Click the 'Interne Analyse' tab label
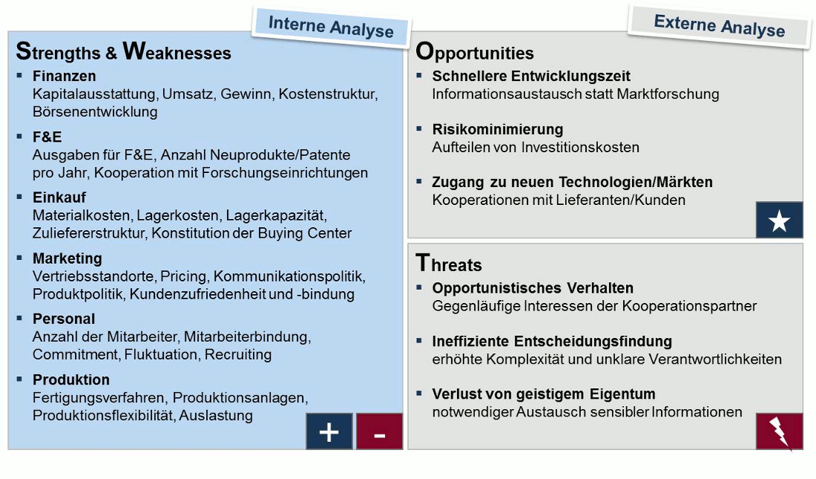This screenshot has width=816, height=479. click(331, 27)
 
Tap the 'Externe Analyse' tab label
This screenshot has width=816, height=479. click(720, 25)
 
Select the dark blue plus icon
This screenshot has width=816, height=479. click(329, 431)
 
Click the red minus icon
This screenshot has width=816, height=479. click(379, 431)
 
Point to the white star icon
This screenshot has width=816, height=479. click(779, 221)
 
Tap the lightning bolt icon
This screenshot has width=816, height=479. click(779, 432)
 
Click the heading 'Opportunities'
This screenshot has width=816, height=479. click(475, 52)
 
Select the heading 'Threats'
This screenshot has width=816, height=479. click(449, 263)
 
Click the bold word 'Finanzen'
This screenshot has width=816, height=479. click(64, 76)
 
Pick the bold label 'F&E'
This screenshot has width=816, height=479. click(47, 137)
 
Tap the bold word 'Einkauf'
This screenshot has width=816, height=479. click(59, 198)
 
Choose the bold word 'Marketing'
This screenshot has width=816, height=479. click(67, 258)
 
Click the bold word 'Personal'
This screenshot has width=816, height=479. click(64, 319)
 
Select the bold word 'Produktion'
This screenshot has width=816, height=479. click(70, 379)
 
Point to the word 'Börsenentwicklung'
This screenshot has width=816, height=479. click(95, 111)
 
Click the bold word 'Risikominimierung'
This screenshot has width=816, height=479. click(498, 129)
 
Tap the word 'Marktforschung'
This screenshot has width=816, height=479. click(668, 94)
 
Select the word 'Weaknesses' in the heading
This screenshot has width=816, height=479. click(177, 51)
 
